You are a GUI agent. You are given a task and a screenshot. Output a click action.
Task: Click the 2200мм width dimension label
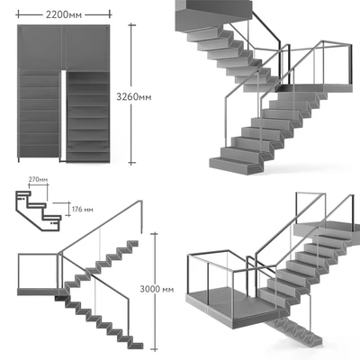coord(64,14)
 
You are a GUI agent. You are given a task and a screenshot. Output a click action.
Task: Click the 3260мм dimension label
coord(134,97)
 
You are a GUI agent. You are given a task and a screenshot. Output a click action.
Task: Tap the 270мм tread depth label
coord(38,180)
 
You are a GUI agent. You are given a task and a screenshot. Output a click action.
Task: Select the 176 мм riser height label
coord(83,209)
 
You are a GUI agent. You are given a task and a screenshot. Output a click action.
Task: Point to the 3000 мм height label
coord(157,289)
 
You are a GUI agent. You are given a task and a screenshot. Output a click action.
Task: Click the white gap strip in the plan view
coord(63,115)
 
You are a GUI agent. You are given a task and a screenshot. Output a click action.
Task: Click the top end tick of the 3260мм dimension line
coord(131,25)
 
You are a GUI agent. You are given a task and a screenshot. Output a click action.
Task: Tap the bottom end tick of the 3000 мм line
coord(154,349)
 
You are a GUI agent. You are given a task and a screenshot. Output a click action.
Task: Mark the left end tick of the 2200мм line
coord(18,14)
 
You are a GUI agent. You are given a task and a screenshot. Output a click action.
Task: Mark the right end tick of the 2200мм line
coord(110,14)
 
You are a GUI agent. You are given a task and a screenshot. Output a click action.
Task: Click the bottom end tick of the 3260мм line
coord(131,163)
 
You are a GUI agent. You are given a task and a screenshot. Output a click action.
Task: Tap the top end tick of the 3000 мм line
coord(154,233)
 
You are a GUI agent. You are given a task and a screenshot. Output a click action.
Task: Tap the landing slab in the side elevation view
coord(39,292)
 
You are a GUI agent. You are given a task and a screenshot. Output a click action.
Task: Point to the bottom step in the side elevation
coord(136,345)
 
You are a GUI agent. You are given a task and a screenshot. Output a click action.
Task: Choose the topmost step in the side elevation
coord(133,243)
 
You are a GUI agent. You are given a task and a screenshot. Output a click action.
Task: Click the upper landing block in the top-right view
coord(213,11)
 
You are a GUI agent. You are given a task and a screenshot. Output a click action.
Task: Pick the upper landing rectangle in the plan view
coord(64,48)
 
